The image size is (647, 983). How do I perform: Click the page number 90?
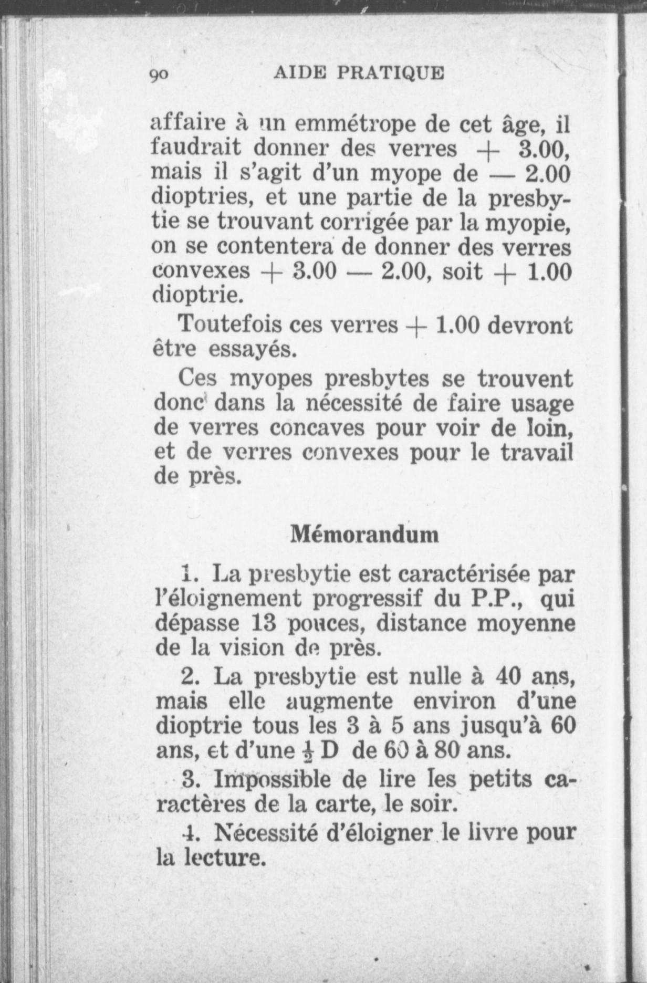[158, 75]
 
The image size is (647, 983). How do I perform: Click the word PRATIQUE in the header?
[390, 72]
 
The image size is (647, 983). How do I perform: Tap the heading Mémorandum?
[364, 535]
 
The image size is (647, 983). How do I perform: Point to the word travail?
[535, 452]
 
